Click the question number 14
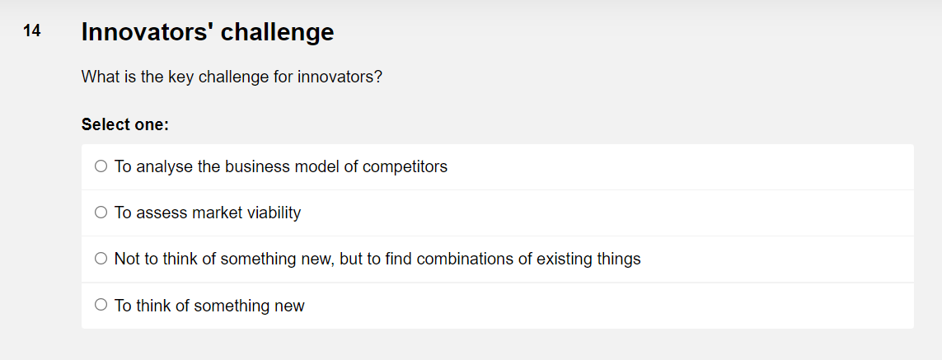[x=31, y=31]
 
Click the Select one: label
[x=124, y=125]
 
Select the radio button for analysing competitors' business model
[x=101, y=166]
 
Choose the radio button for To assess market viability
[x=101, y=213]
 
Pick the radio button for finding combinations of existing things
[x=101, y=259]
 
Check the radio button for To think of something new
[x=101, y=305]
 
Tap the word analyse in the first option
[x=164, y=166]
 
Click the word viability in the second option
[x=271, y=213]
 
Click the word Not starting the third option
[x=127, y=259]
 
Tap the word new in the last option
[x=289, y=306]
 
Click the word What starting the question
[x=98, y=77]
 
